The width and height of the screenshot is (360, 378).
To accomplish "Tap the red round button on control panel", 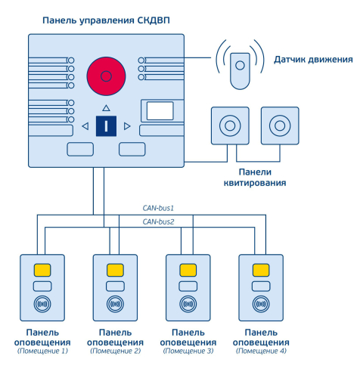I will (106, 76).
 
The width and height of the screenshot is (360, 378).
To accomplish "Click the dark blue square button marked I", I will (107, 125).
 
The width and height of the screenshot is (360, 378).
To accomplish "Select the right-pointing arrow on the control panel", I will (128, 125).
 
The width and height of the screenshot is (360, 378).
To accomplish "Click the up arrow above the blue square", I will (107, 108).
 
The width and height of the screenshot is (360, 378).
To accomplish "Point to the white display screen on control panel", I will (160, 111).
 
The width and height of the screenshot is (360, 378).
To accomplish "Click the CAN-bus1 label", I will (159, 206).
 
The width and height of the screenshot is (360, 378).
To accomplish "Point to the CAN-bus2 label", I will (159, 222).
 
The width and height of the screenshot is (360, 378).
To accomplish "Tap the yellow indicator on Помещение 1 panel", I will (42, 270).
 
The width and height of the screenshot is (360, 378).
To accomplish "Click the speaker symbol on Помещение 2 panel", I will (115, 305).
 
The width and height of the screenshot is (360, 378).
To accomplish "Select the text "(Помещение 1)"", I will (42, 351).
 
